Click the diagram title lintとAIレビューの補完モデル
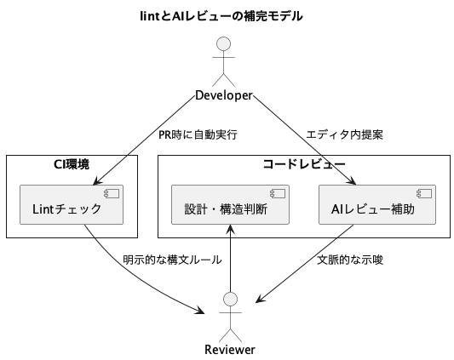[221, 16]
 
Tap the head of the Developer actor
[223, 44]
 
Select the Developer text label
[224, 95]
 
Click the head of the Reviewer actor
[231, 300]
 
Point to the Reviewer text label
[230, 350]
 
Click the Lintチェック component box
[72, 204]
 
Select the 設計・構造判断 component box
[230, 204]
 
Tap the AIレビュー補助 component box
[377, 204]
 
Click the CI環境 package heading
[72, 164]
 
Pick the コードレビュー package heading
[304, 164]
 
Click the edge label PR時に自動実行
[198, 134]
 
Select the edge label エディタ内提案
[345, 134]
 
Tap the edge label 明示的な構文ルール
[173, 260]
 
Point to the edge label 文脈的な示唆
[350, 260]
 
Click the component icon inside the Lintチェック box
[112, 193]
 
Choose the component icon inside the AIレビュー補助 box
[424, 193]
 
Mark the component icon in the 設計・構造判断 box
[278, 193]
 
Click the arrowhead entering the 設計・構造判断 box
[230, 229]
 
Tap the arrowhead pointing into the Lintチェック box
[97, 181]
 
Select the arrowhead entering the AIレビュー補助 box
[352, 180]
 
